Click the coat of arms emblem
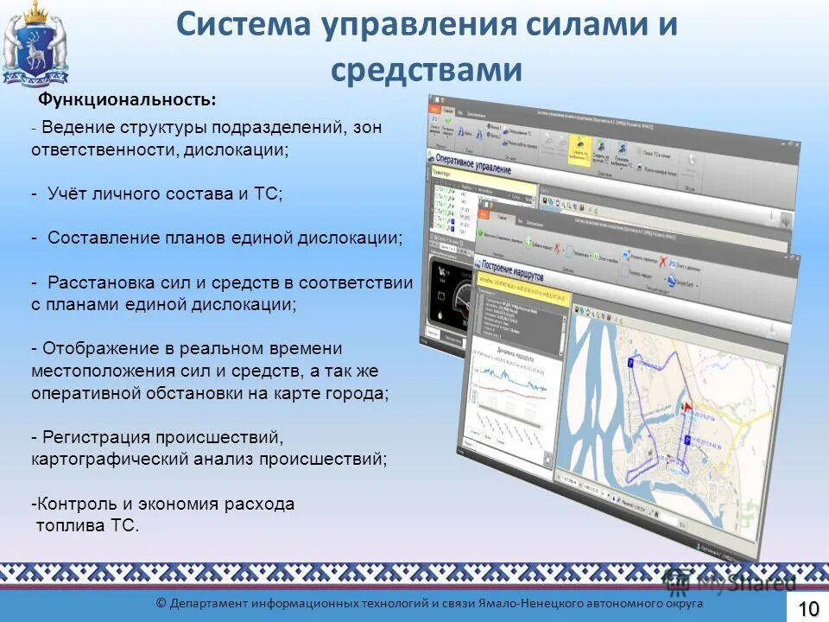35,43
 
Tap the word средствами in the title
427,70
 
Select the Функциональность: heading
127,100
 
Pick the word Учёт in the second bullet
67,194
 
